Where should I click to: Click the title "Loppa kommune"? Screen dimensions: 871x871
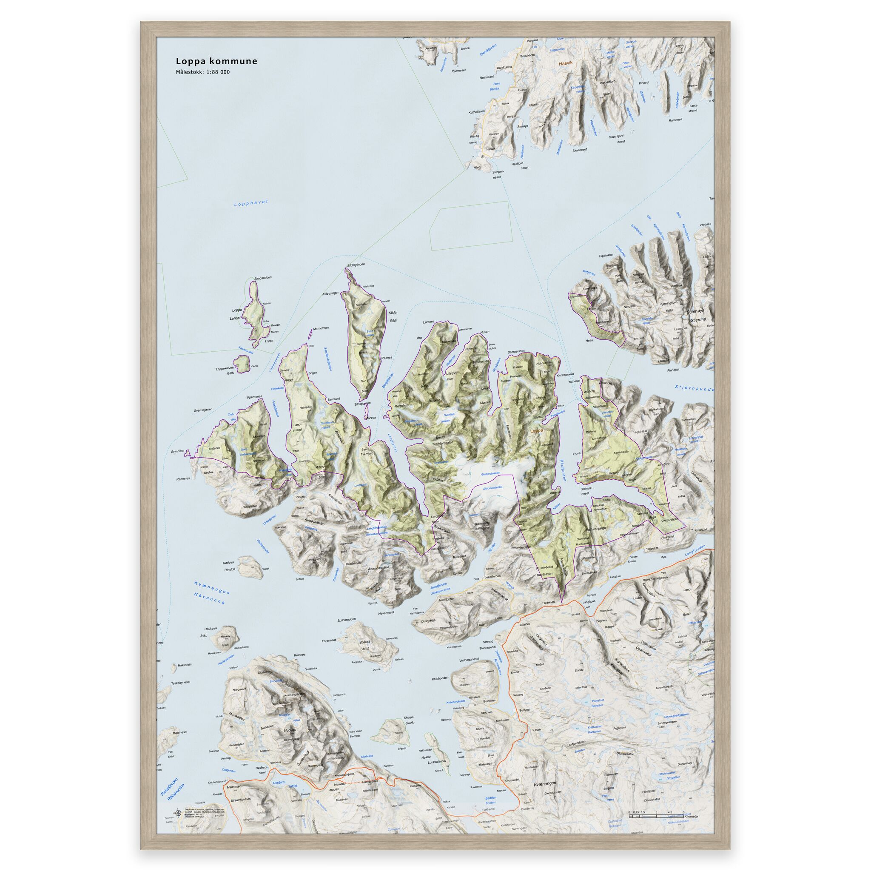click(x=216, y=61)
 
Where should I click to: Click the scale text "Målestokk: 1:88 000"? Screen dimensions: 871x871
click(x=202, y=72)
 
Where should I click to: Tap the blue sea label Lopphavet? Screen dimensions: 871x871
click(x=251, y=203)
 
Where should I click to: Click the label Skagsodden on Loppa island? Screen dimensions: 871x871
click(x=263, y=278)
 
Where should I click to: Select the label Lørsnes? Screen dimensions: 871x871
click(x=428, y=322)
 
